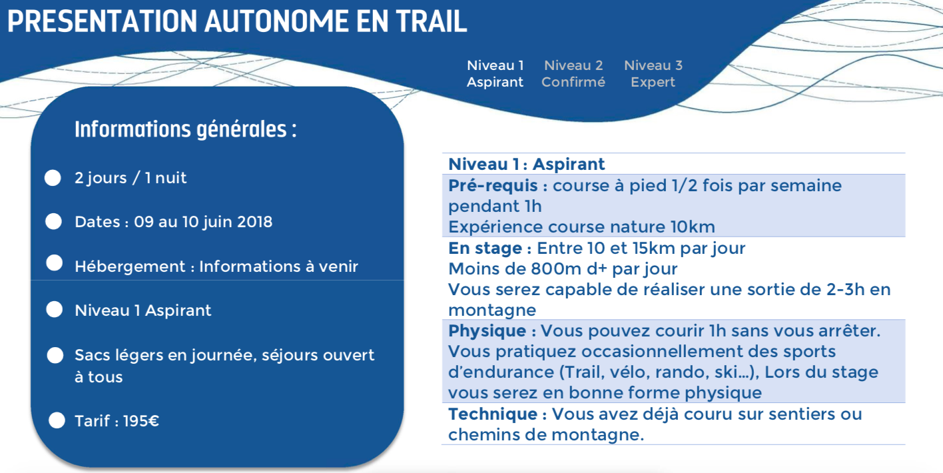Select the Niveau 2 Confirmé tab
pyautogui.click(x=573, y=74)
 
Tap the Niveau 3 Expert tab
pyautogui.click(x=653, y=74)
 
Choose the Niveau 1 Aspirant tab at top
pyautogui.click(x=495, y=74)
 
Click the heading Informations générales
pyautogui.click(x=186, y=129)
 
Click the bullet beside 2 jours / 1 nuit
pyautogui.click(x=53, y=178)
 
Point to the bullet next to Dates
pyautogui.click(x=53, y=222)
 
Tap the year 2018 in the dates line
pyautogui.click(x=254, y=222)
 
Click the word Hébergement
pyautogui.click(x=130, y=266)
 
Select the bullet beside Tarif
pyautogui.click(x=57, y=420)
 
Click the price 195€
pyautogui.click(x=141, y=421)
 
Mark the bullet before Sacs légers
pyautogui.click(x=55, y=355)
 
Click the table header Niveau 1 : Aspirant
pyautogui.click(x=527, y=165)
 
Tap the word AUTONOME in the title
pyautogui.click(x=276, y=21)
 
